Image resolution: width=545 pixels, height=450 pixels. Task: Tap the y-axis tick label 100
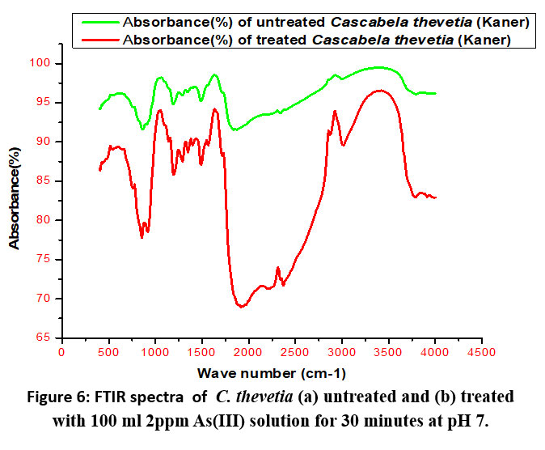tap(42, 63)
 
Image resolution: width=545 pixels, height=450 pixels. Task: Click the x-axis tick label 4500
tap(483, 353)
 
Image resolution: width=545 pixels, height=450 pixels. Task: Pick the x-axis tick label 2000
tap(249, 353)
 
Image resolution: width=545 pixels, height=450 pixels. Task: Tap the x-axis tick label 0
tap(62, 353)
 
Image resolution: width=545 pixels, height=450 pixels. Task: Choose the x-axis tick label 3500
tap(389, 353)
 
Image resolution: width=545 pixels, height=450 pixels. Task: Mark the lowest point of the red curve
tap(241, 307)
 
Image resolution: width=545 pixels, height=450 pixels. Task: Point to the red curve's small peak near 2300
tap(277, 268)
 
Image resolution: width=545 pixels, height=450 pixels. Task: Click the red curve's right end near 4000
tap(435, 197)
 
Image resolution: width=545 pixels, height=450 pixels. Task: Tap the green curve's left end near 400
tap(99, 108)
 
